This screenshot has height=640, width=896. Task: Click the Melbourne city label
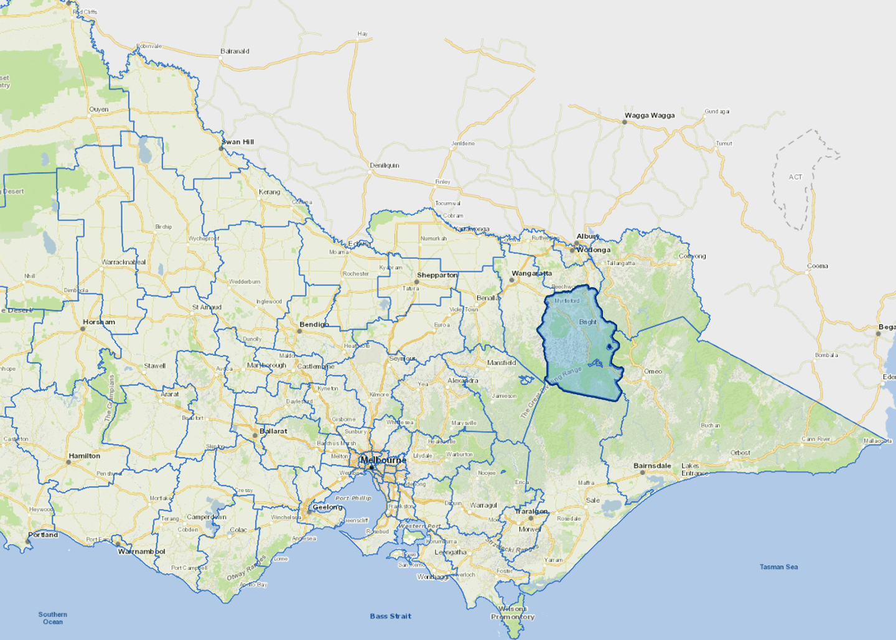(383, 460)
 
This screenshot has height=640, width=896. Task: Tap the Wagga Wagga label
(650, 115)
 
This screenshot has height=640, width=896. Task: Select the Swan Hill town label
(238, 142)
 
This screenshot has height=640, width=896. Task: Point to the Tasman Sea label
(778, 567)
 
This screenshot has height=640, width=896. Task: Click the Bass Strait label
(390, 616)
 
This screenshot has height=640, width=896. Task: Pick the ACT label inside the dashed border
(795, 177)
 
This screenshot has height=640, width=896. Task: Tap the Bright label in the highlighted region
(587, 322)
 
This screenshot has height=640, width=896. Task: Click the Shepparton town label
(437, 275)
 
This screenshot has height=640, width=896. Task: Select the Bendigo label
(314, 324)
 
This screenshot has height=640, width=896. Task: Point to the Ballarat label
(274, 431)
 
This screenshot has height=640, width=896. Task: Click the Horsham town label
(99, 322)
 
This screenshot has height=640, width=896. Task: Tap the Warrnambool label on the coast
(142, 551)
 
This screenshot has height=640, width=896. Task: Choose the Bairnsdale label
(652, 465)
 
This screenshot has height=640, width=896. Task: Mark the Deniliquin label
(385, 165)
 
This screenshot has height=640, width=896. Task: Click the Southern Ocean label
(53, 618)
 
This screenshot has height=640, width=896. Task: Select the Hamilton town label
(85, 456)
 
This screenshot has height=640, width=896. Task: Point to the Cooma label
(817, 266)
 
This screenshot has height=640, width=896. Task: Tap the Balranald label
(235, 52)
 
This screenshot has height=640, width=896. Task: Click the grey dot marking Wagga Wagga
(625, 122)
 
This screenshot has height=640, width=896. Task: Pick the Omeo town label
(653, 371)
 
